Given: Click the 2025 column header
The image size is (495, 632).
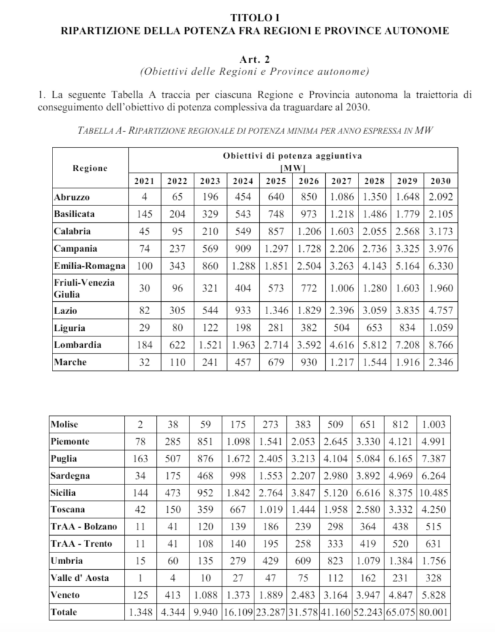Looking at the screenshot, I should point(275,181).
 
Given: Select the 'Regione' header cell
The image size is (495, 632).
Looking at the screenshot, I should point(90,168).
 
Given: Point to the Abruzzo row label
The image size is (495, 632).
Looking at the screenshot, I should point(72,197).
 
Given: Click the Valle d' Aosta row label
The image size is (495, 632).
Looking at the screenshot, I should point(78,578).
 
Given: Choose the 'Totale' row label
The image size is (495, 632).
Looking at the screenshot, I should point(65,612).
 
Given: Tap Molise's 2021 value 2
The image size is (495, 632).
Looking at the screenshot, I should point(140,425).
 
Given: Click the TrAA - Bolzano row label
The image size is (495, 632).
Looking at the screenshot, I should point(84,527).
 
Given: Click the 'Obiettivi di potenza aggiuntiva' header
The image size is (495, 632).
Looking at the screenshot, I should point(292,155).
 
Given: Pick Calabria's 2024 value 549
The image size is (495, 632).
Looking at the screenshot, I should point(243,231).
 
